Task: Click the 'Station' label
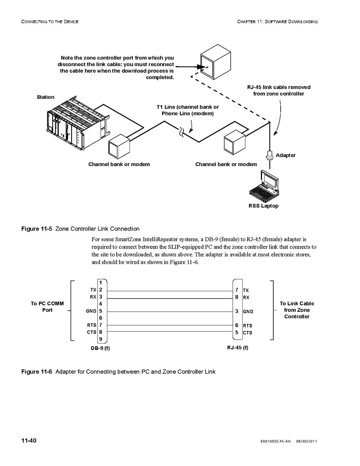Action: coord(45,97)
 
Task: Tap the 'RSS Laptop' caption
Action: coord(264,206)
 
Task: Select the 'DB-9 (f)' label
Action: coord(100,348)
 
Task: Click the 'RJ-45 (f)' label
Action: coord(238,347)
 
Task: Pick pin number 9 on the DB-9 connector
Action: coord(100,339)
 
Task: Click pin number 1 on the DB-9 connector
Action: coord(100,282)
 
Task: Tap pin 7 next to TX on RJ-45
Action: coord(237,290)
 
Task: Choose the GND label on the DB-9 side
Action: coord(91,311)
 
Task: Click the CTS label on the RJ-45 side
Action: coord(247,333)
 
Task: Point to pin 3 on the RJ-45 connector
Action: coord(237,311)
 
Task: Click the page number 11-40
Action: coord(29,440)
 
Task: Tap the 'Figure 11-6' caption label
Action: coord(37,371)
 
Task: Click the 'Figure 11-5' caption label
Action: coord(37,228)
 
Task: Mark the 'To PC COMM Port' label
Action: coord(47,307)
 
